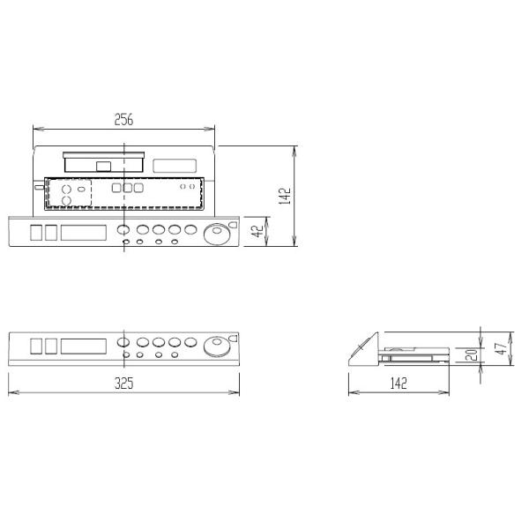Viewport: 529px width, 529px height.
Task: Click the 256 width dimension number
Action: pos(123,120)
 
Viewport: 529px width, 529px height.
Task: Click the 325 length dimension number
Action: pos(123,384)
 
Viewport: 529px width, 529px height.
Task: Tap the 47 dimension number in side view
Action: pos(500,346)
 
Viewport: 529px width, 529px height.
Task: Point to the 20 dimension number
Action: pos(473,354)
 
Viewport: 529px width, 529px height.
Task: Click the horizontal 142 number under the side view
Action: pos(399,384)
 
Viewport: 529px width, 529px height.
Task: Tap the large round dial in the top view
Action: pos(214,234)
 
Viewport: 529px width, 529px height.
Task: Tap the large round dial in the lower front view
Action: pos(214,345)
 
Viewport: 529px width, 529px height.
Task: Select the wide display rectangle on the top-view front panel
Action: pos(85,232)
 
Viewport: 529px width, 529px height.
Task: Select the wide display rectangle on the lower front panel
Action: pos(85,345)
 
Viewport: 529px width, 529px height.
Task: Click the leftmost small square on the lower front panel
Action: pos(36,345)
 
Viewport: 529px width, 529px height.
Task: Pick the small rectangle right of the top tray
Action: pos(175,164)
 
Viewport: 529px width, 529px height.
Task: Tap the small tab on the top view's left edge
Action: pos(32,186)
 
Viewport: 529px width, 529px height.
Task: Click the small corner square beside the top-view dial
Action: pos(233,225)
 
